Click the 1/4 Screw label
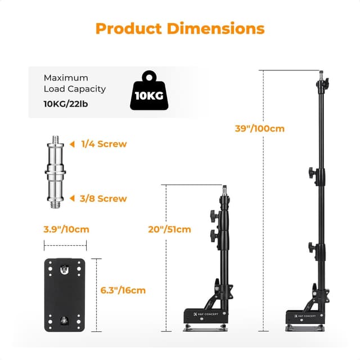click(x=104, y=144)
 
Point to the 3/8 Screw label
click(x=104, y=198)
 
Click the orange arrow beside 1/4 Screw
click(x=73, y=144)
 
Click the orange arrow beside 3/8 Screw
click(x=73, y=198)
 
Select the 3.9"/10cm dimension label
click(x=66, y=229)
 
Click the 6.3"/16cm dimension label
click(x=123, y=290)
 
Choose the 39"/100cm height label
click(x=259, y=128)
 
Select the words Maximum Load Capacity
click(x=74, y=83)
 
